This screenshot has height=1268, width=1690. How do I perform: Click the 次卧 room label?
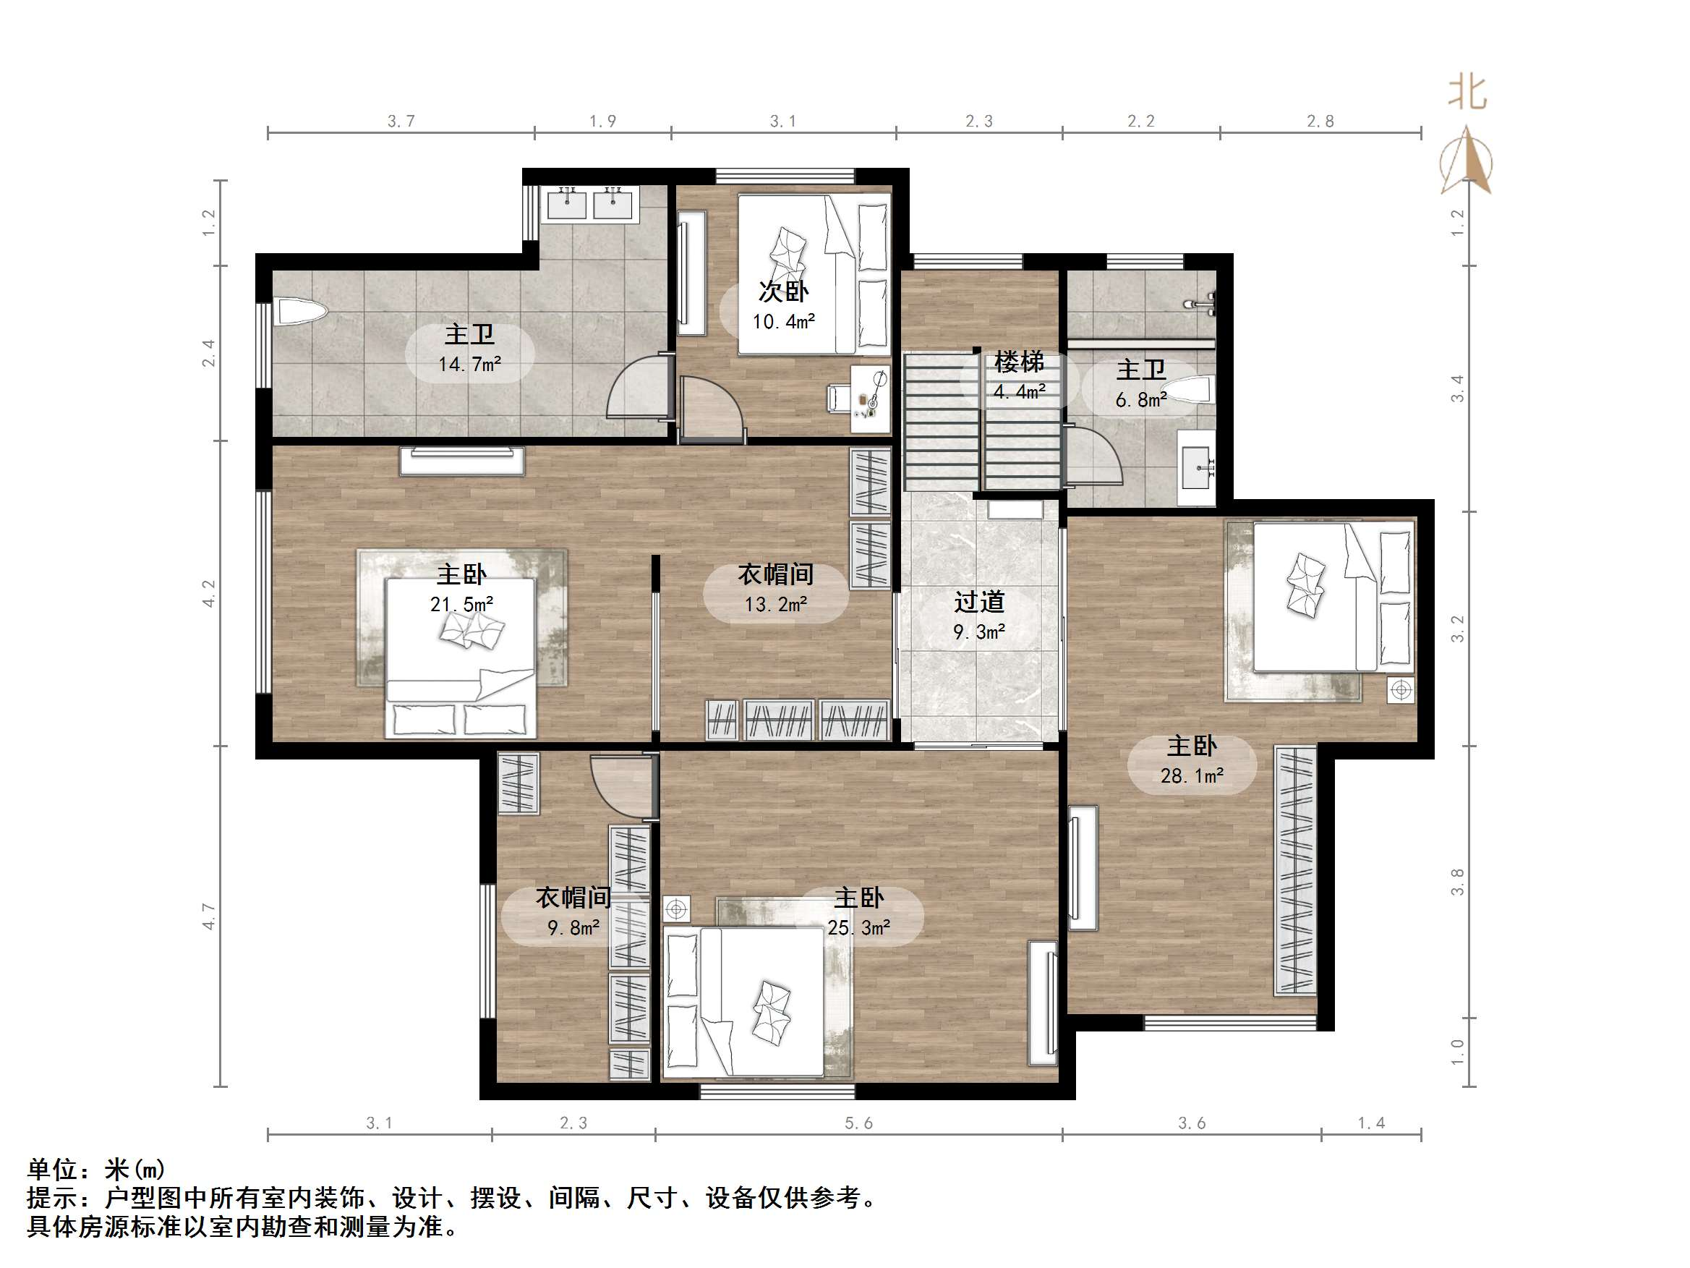point(783,292)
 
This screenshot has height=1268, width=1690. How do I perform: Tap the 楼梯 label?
point(1019,362)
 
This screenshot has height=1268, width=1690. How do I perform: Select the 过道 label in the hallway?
point(978,602)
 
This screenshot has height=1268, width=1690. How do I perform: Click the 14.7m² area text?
point(469,364)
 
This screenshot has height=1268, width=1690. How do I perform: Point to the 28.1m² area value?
point(1192,776)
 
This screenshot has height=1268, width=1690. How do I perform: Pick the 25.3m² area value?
point(859,927)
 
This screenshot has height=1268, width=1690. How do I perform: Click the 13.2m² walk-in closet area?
point(775,604)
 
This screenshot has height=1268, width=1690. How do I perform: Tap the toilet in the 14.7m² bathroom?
point(301,311)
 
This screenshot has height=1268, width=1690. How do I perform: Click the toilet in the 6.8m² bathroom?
point(1192,388)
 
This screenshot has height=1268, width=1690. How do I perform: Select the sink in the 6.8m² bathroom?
point(1195,467)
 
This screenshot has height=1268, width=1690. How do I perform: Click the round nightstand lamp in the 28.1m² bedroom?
point(1401,690)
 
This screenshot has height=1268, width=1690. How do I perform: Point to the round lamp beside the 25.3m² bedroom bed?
point(676,909)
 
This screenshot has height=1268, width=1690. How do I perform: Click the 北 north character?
point(1467,93)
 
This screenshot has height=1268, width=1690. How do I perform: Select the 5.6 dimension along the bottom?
point(859,1123)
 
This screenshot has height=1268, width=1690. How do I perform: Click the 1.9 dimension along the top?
point(603,121)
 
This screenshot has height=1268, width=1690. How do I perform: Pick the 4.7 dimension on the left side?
point(208,916)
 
